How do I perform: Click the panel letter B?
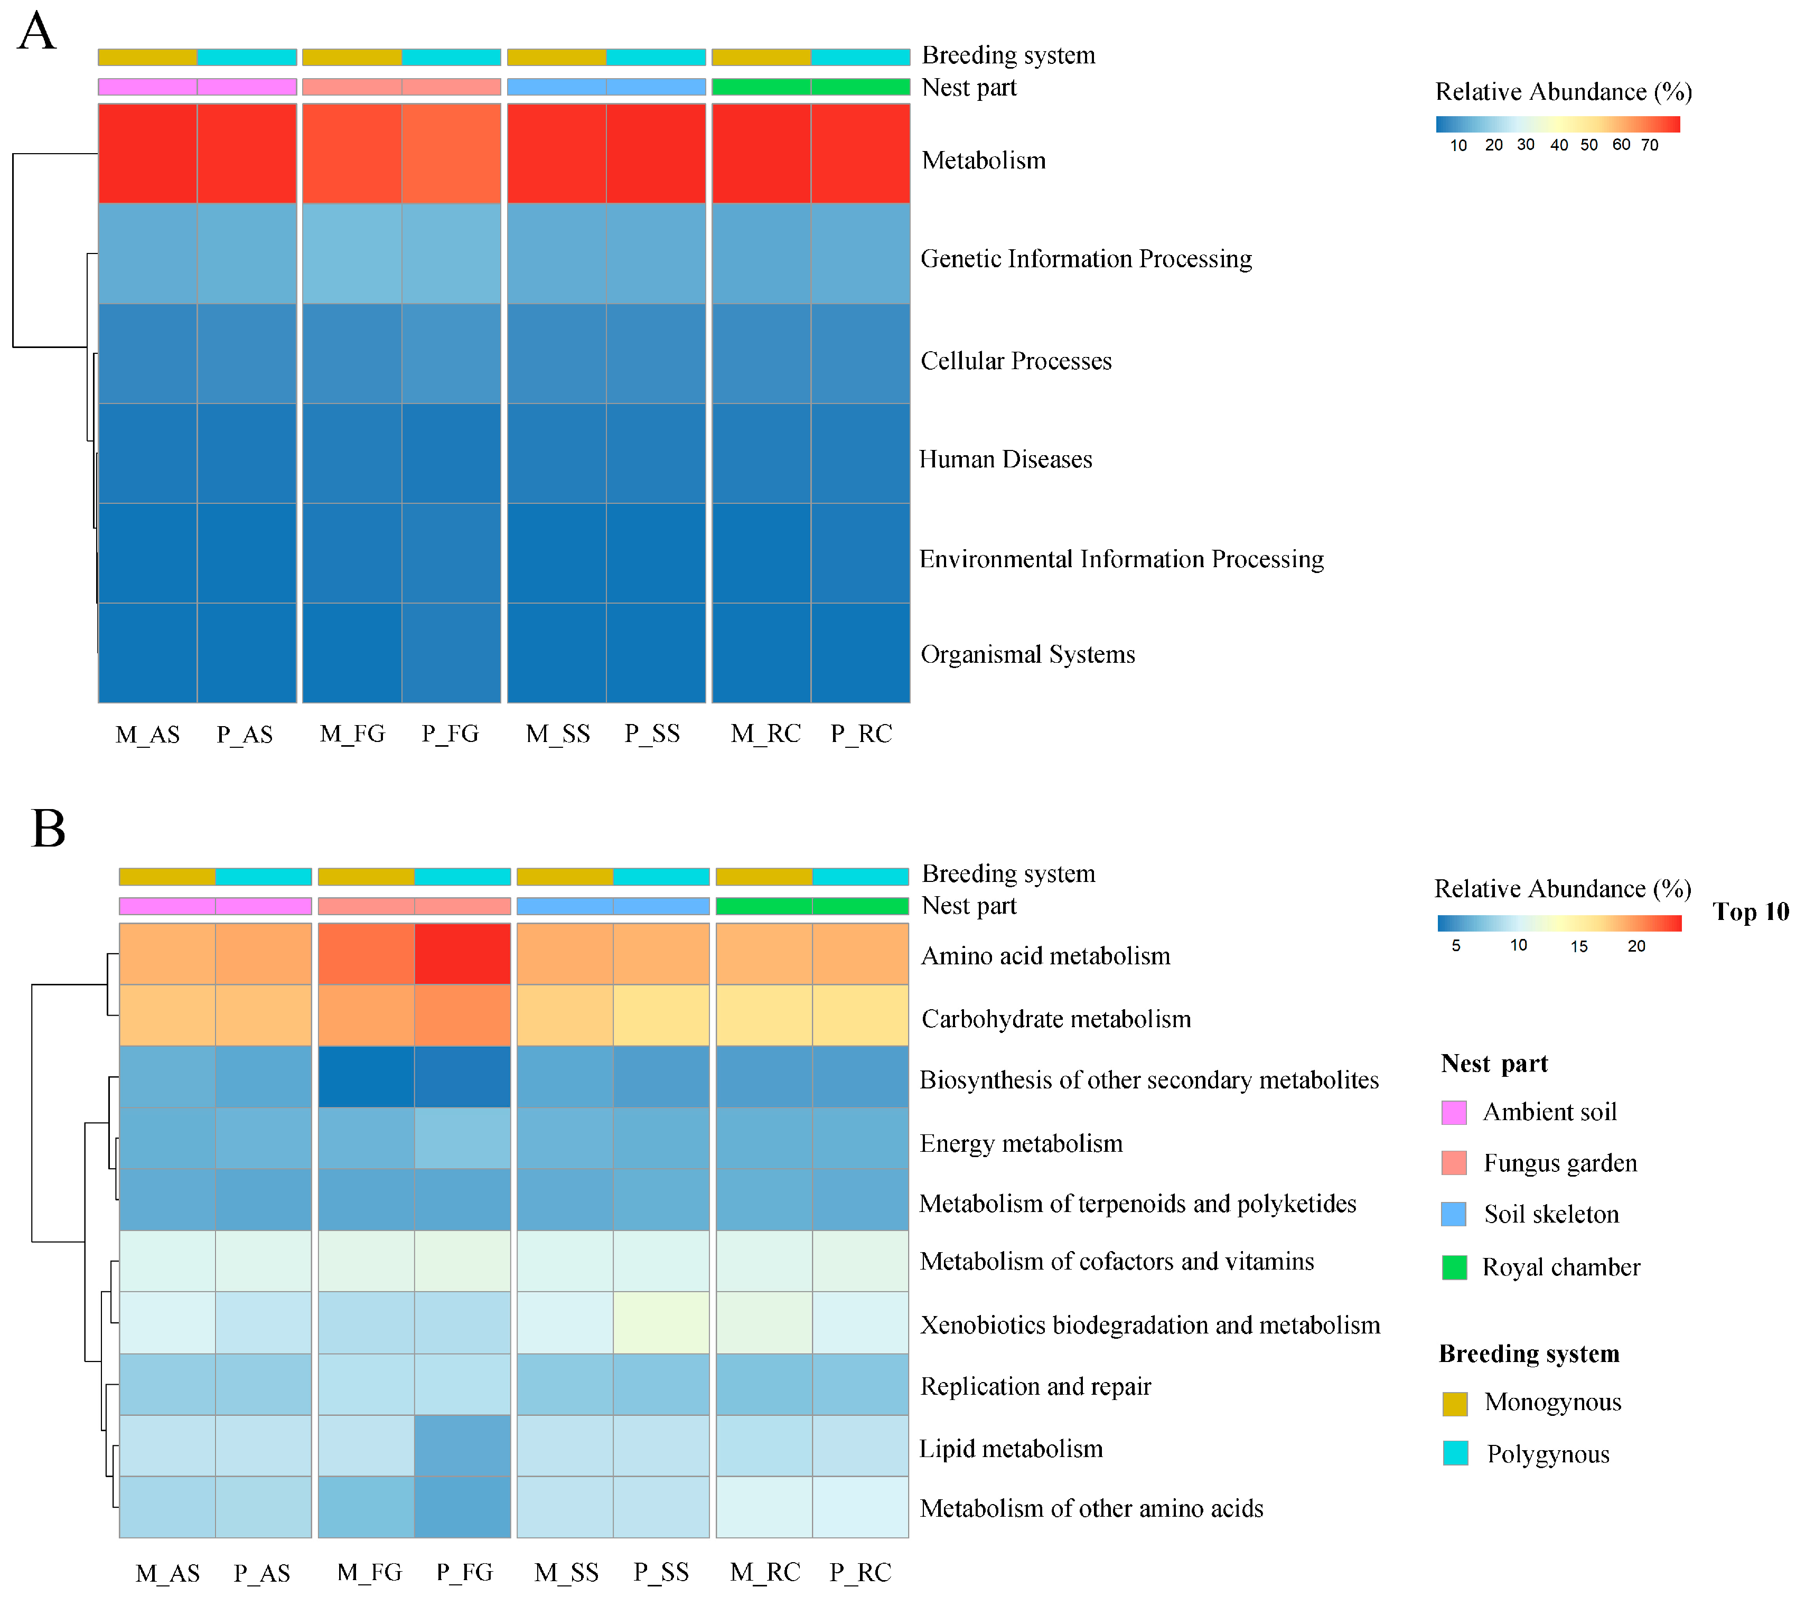click(48, 829)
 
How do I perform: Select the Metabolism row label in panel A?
click(983, 161)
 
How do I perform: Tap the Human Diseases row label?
click(1005, 459)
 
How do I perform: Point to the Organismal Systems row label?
click(1027, 654)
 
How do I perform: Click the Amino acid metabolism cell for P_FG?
click(462, 954)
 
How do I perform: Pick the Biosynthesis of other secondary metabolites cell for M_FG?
click(367, 1077)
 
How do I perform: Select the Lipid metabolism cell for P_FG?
click(462, 1446)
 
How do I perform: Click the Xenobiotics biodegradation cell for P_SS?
click(661, 1323)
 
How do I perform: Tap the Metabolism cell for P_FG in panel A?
click(451, 154)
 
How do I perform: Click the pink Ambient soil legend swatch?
click(1454, 1112)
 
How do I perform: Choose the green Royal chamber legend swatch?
click(1454, 1267)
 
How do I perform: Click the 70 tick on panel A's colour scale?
click(1649, 145)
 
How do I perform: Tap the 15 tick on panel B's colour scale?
click(1579, 946)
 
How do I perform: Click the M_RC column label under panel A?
click(765, 734)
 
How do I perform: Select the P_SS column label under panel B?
click(661, 1572)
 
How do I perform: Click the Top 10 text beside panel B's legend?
click(1751, 912)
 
